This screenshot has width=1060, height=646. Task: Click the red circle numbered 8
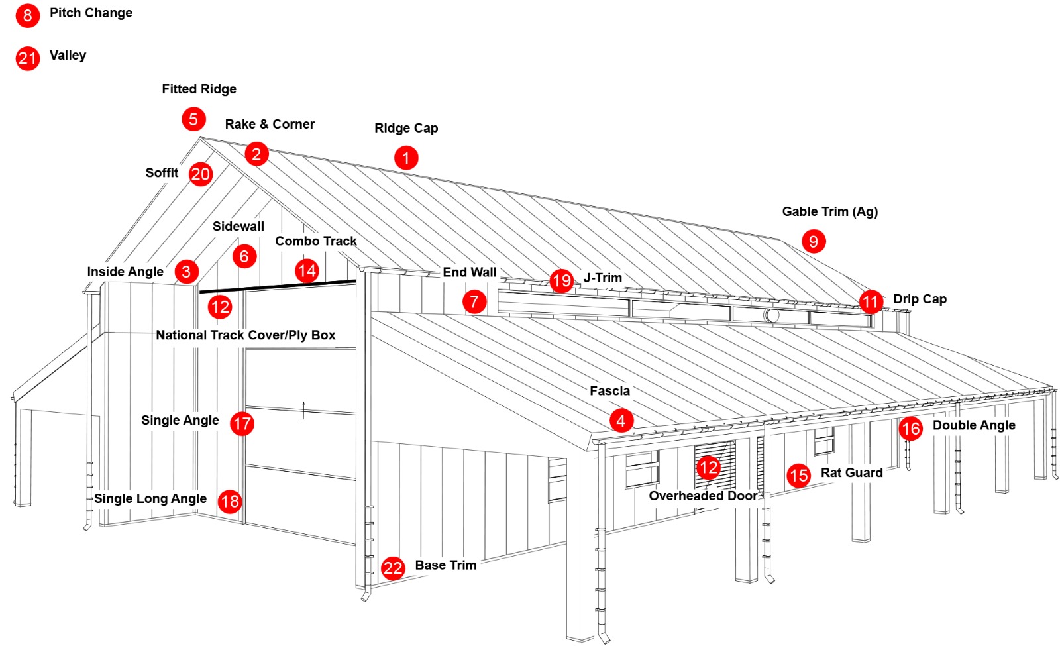coord(27,15)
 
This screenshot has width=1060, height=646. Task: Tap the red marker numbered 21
coord(27,58)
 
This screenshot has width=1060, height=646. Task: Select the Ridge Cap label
coord(406,128)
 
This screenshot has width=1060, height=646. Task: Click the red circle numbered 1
coord(406,158)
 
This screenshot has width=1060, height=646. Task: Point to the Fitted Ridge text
coord(199,89)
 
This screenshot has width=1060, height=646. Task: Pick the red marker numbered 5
coord(193,119)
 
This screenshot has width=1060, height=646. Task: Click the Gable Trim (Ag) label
coord(829,211)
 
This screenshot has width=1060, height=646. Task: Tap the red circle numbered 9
coord(814,241)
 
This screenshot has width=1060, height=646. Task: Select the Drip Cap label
coord(920,299)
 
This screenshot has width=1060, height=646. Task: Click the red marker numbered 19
coord(562,281)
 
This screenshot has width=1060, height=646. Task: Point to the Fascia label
coord(609,391)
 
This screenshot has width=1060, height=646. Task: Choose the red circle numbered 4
coord(621,421)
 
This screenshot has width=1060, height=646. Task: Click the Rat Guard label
coord(851,472)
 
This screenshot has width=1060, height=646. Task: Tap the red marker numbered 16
coord(911,429)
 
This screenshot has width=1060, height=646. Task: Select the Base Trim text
coord(445,565)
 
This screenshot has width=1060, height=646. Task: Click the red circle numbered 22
coord(393,568)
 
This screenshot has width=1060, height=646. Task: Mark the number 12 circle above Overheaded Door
coord(708,468)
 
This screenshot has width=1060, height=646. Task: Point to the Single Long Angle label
coord(150,498)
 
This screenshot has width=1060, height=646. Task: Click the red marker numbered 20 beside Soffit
coord(201,174)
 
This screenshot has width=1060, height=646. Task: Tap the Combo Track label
coord(316,241)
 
